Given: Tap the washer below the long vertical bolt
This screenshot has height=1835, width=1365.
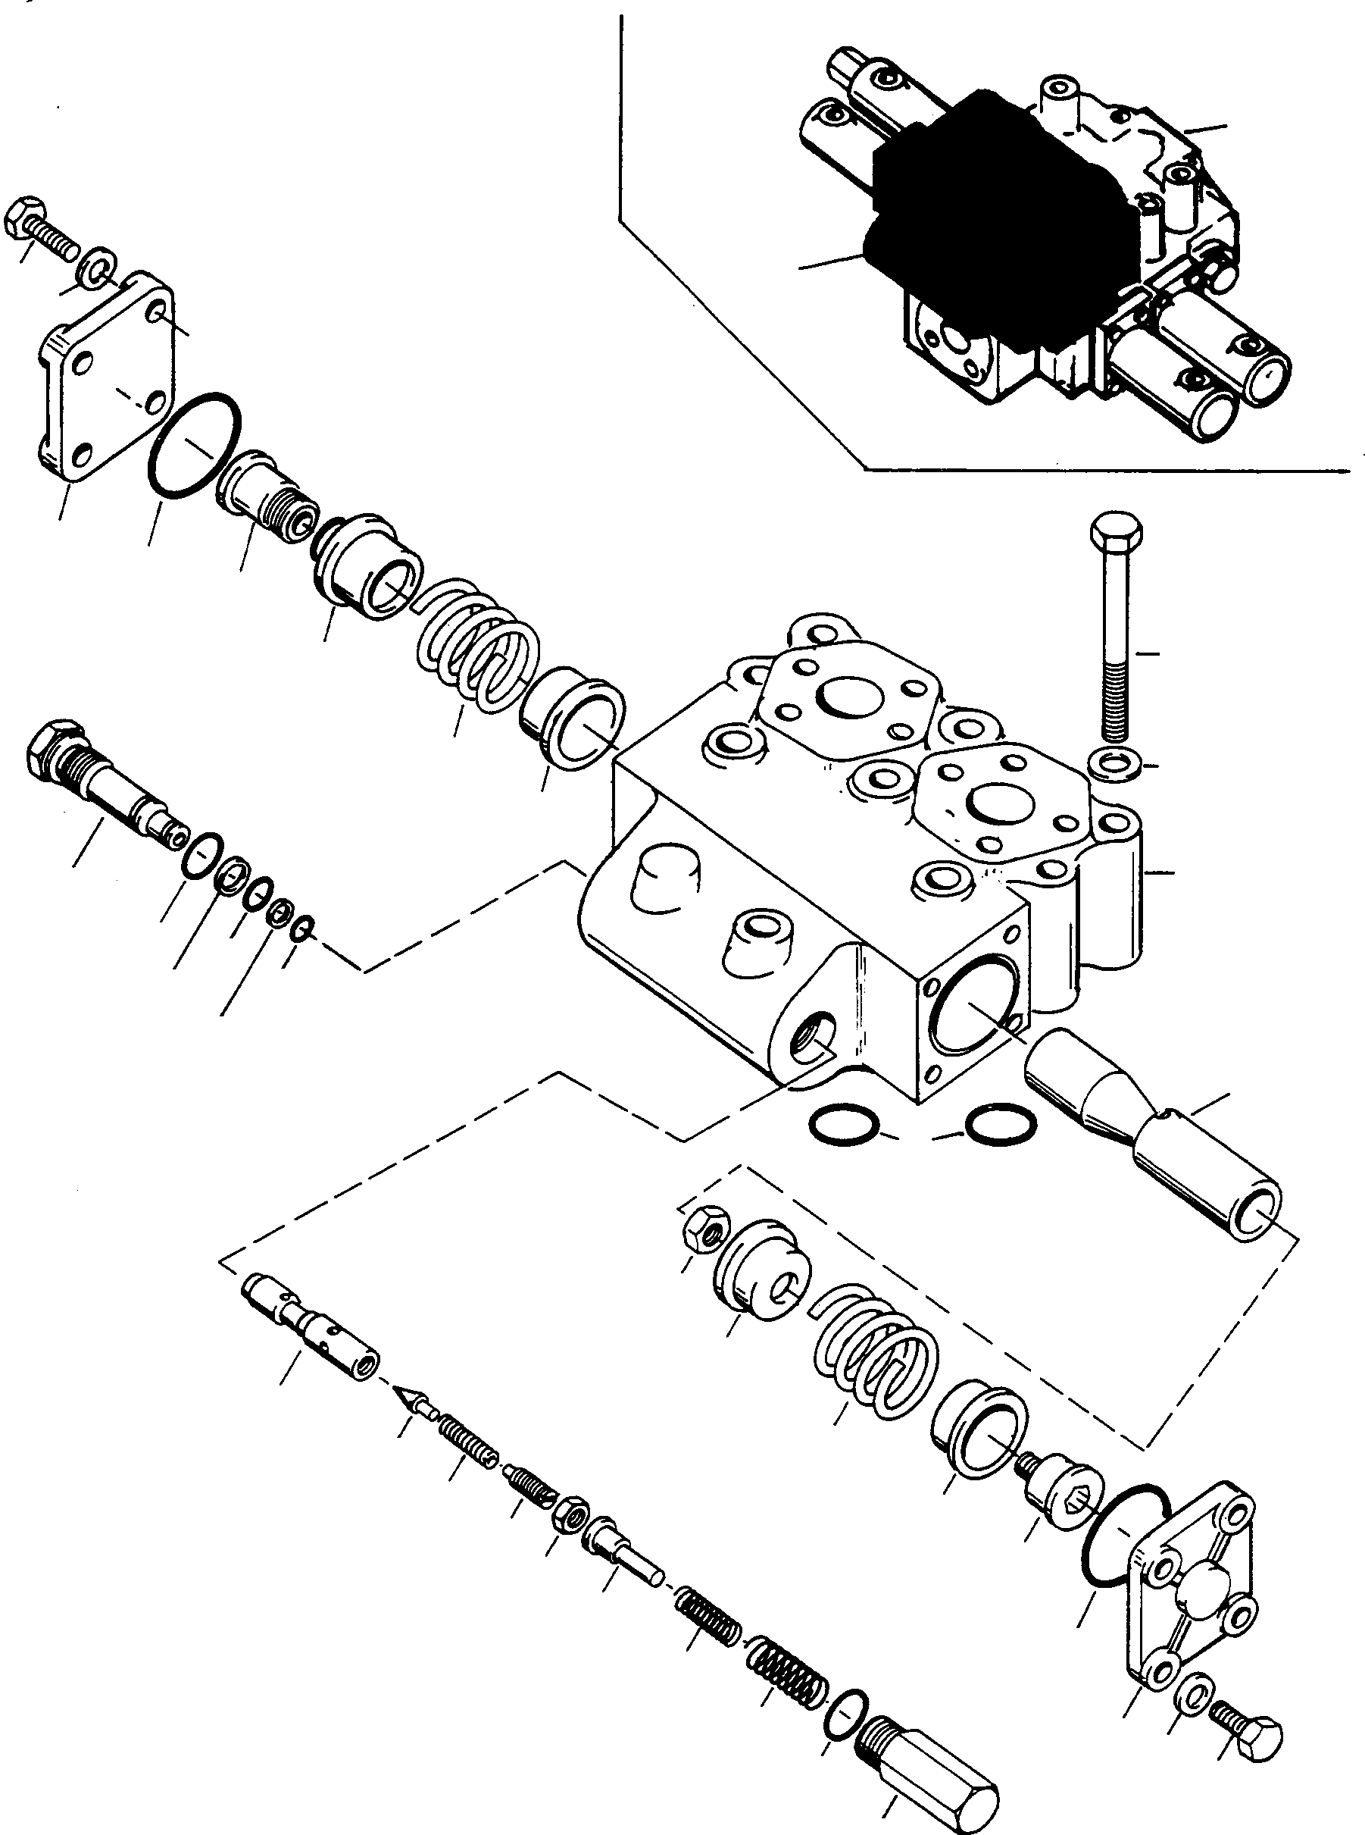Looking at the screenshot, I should (1117, 763).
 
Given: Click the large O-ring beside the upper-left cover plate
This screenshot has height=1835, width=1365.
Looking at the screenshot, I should (195, 446).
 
